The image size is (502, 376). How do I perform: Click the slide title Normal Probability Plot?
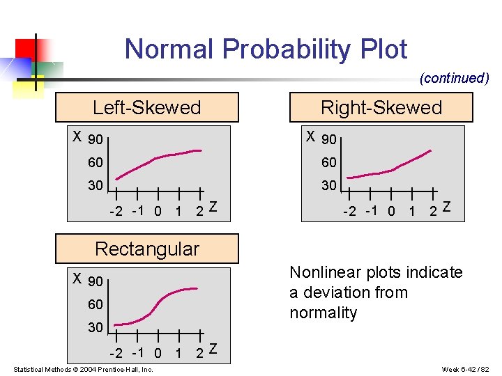(266, 49)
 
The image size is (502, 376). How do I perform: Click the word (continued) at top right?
(454, 78)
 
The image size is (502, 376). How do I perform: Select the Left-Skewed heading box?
(146, 107)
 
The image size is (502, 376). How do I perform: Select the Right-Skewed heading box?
(381, 107)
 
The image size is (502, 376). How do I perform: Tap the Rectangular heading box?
(146, 249)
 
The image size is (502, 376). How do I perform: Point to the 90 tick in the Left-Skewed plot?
(96, 140)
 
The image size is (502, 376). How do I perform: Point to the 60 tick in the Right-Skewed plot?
(328, 162)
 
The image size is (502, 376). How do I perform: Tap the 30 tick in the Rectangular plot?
(96, 327)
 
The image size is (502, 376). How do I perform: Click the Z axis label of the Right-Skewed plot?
(446, 207)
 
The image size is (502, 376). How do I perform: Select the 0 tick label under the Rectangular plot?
(158, 353)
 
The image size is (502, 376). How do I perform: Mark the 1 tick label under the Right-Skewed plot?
(413, 211)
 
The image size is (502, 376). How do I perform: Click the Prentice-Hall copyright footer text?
(83, 369)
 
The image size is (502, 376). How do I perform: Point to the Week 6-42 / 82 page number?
(465, 369)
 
